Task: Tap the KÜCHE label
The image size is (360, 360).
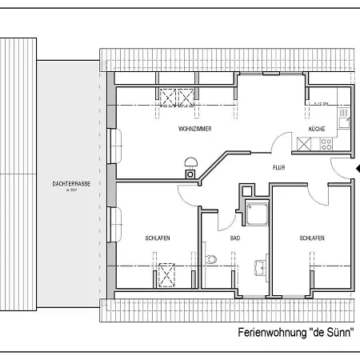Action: coord(318,129)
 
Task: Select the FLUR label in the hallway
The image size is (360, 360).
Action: coord(279,168)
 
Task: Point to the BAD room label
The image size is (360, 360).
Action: coord(235,238)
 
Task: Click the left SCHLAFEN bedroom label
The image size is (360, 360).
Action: coord(157,238)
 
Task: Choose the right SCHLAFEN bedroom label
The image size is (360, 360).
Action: coord(311,238)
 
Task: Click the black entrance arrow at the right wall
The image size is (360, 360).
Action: coord(357,168)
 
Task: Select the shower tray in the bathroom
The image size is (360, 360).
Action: coord(258,214)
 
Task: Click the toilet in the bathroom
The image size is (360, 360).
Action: coord(210,258)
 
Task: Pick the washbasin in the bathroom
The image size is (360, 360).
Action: coord(258,267)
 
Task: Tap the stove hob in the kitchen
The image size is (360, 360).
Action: coord(325,144)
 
